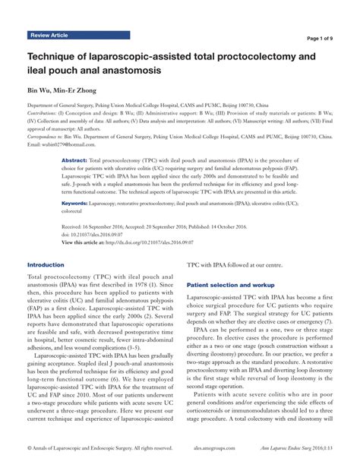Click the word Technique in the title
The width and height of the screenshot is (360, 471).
[x=54, y=56]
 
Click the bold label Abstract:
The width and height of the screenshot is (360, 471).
[x=74, y=163]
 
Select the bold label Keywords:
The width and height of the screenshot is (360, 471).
[x=77, y=204]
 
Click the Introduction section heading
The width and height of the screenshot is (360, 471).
[x=46, y=264]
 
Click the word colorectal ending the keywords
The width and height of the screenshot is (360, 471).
[x=75, y=212]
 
